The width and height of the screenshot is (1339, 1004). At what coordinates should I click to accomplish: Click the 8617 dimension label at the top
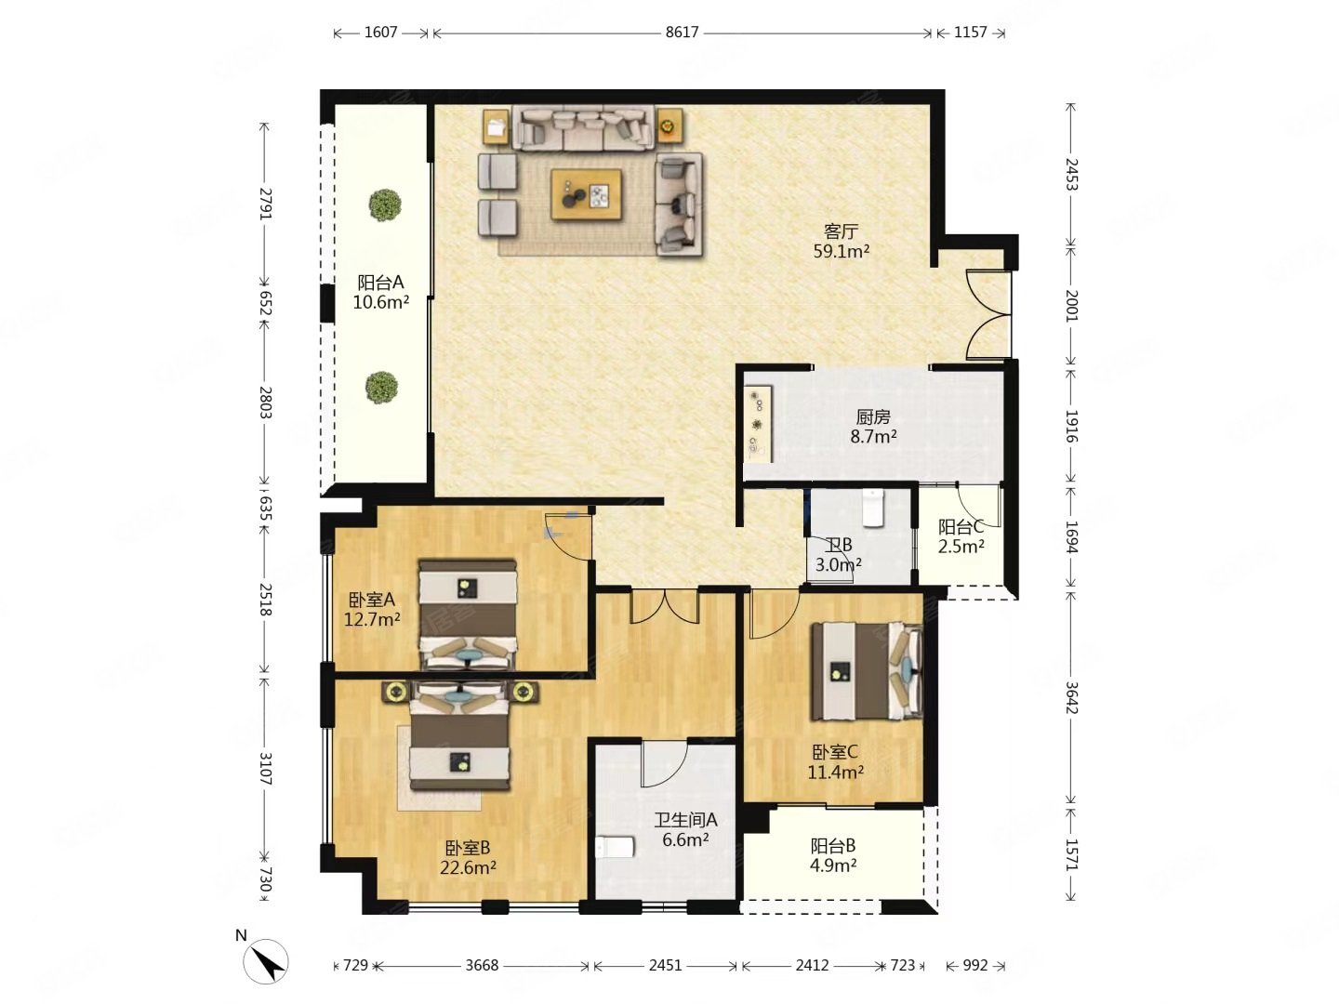(681, 33)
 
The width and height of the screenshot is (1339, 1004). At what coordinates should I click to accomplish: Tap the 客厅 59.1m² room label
(840, 241)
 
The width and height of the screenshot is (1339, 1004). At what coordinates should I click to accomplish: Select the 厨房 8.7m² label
(872, 426)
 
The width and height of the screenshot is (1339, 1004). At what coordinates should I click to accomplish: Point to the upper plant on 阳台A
(384, 205)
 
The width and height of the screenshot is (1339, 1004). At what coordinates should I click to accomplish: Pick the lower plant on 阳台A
(381, 387)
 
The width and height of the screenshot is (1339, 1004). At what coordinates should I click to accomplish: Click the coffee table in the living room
(586, 194)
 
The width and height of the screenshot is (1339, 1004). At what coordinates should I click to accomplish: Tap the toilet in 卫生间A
(615, 847)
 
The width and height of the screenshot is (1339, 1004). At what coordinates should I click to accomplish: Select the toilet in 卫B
(872, 508)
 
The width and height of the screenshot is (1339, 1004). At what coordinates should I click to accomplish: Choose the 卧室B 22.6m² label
(467, 857)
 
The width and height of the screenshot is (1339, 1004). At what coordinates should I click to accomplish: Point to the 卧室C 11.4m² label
(834, 762)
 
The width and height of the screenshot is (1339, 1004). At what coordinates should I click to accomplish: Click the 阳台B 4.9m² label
(832, 854)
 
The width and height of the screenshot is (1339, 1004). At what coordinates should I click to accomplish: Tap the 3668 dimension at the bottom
(482, 965)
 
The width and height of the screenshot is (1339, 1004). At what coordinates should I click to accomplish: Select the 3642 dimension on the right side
(1071, 696)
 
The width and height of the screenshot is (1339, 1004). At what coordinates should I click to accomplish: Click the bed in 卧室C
(865, 670)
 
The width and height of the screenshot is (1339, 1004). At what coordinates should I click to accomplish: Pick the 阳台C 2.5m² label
(961, 536)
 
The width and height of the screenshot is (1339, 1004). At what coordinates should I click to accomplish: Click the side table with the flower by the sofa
(669, 126)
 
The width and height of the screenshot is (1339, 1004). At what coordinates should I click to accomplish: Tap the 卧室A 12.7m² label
(372, 610)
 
